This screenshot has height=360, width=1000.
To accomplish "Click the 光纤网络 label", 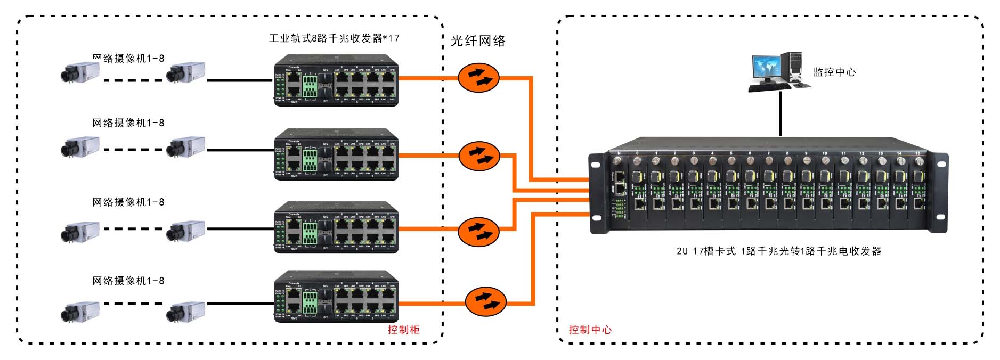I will click(x=478, y=41).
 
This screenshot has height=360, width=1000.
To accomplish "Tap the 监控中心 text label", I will click(x=834, y=72).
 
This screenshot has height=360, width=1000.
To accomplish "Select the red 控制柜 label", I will click(x=403, y=330).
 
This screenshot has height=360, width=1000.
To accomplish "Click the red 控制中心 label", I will click(x=590, y=330).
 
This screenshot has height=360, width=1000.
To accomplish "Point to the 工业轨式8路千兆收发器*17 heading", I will click(x=334, y=38).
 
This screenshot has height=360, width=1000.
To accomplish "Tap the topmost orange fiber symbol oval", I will click(x=479, y=78).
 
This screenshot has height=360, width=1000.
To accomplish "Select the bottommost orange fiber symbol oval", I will click(x=485, y=301).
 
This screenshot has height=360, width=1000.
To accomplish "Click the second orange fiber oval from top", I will click(x=479, y=156).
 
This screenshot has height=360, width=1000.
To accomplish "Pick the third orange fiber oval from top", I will click(x=479, y=232).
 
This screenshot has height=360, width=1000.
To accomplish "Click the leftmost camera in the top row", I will click(x=80, y=72).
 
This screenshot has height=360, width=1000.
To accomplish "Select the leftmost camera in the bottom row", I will click(x=80, y=312).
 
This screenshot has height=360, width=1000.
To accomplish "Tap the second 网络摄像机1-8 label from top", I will click(x=128, y=123).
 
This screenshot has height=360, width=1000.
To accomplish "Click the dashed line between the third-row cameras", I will click(x=133, y=229).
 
